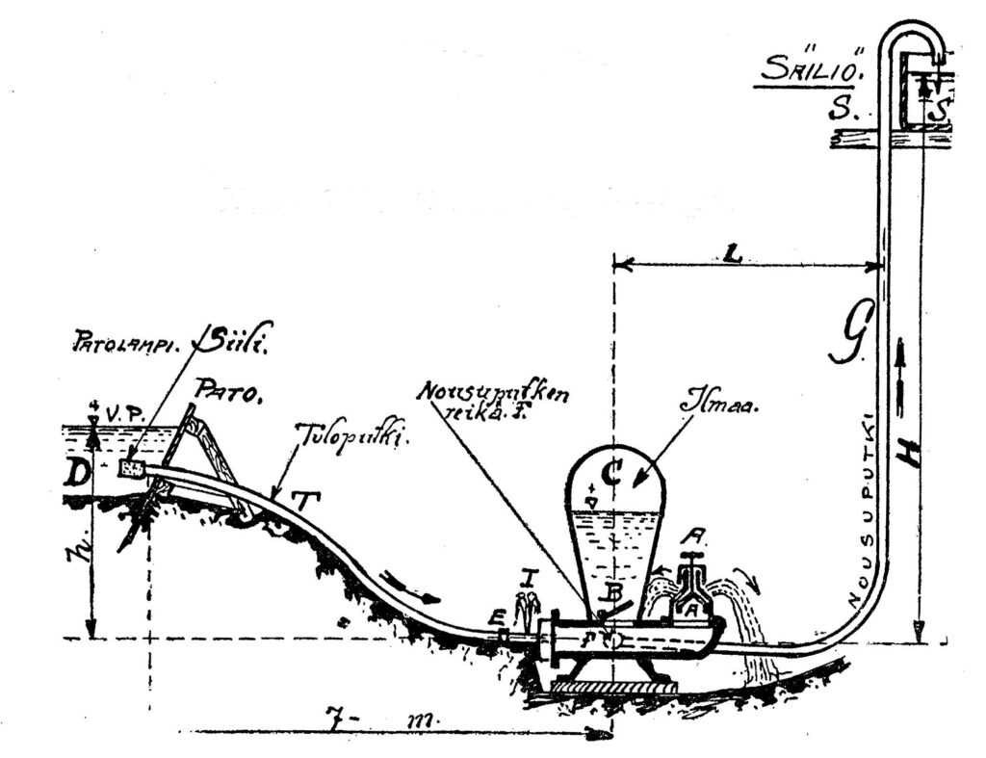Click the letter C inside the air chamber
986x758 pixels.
(609, 471)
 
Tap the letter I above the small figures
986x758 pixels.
(526, 577)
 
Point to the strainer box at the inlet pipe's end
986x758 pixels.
(132, 470)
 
